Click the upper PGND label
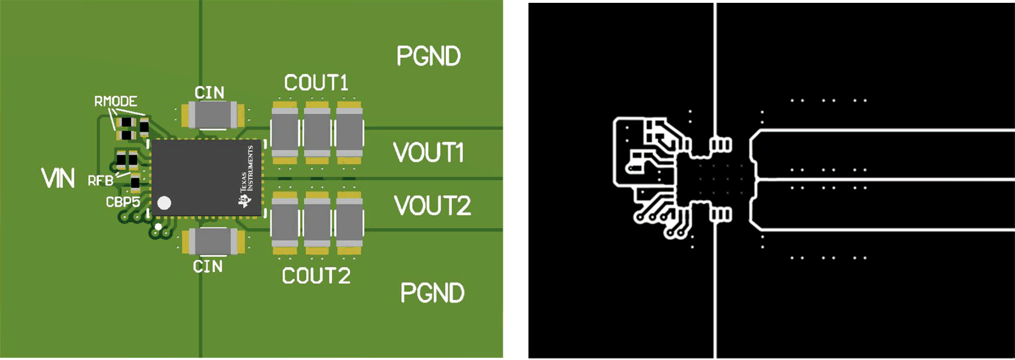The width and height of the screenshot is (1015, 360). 428,56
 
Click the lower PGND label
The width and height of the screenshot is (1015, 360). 432,293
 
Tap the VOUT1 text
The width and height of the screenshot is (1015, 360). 428,153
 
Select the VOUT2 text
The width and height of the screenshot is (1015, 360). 432,206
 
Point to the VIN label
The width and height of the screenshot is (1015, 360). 58,178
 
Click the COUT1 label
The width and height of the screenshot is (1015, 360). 316,83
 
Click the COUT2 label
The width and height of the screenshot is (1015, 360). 316,276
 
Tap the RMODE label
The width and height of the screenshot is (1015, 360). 115,102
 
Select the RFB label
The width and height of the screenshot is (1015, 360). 100,181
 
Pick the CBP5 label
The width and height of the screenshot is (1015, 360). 122,202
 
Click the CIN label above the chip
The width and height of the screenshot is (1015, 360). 209,93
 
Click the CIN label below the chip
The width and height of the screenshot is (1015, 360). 208,266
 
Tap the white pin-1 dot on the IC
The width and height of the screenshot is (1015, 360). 164,203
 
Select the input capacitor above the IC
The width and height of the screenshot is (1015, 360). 213,115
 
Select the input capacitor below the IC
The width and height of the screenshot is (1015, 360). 213,242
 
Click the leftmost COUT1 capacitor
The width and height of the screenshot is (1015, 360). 284,133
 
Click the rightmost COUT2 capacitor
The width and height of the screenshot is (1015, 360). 350,222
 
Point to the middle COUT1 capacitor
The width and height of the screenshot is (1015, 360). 317,133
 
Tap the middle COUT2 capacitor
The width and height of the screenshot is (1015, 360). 317,222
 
